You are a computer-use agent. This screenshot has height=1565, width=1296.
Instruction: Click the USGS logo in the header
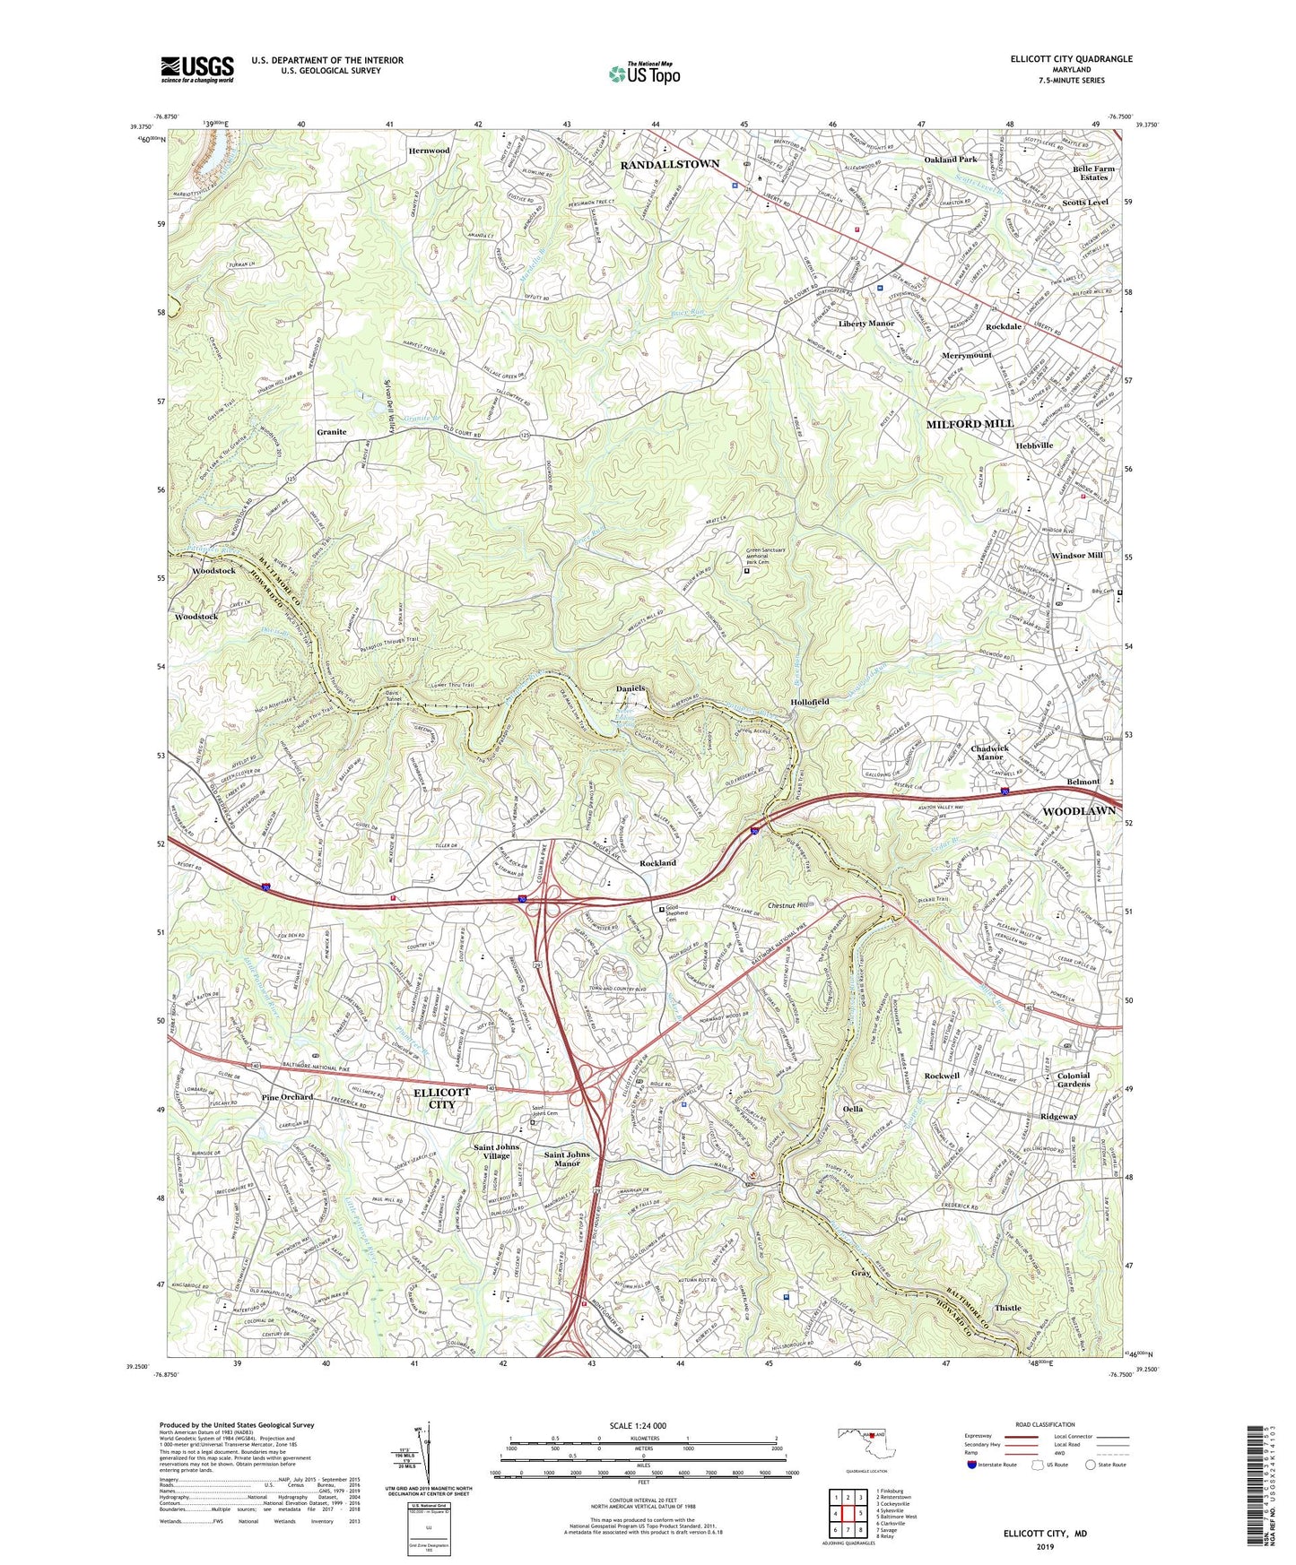tap(197, 69)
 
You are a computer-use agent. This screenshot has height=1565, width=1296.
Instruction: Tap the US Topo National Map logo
tap(644, 73)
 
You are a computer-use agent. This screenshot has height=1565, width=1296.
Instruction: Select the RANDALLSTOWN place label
tap(669, 165)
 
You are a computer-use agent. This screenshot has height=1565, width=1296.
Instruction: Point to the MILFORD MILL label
tap(970, 423)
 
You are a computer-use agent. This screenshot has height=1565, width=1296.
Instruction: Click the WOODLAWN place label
tap(1079, 811)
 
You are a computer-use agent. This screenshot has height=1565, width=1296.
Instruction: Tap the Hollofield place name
tap(809, 702)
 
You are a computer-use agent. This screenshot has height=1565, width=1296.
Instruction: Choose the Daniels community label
tap(631, 688)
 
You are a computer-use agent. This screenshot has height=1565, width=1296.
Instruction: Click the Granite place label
tap(331, 432)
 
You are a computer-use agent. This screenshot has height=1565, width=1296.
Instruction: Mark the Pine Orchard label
tap(287, 1097)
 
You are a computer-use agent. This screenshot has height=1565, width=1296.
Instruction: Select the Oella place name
tap(852, 1109)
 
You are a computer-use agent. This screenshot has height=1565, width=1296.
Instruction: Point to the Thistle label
tap(1007, 1308)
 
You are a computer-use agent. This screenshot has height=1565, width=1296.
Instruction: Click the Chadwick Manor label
tap(989, 753)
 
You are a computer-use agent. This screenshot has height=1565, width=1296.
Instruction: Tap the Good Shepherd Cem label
tap(685, 912)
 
